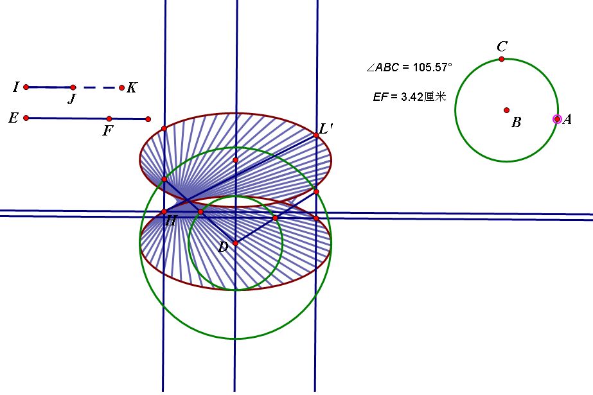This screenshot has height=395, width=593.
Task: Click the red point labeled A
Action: click(557, 119)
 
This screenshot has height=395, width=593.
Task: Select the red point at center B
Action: click(507, 110)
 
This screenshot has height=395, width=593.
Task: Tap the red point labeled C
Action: click(502, 59)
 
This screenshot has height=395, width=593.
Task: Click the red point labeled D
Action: click(235, 243)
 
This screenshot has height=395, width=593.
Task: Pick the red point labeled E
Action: click(26, 118)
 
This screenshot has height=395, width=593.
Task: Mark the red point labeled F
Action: click(109, 119)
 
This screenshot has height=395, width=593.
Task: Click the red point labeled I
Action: click(26, 87)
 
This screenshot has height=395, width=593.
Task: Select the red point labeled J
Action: click(73, 87)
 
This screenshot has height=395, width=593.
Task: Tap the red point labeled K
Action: click(121, 88)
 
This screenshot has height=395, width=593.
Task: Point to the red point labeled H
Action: click(164, 212)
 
